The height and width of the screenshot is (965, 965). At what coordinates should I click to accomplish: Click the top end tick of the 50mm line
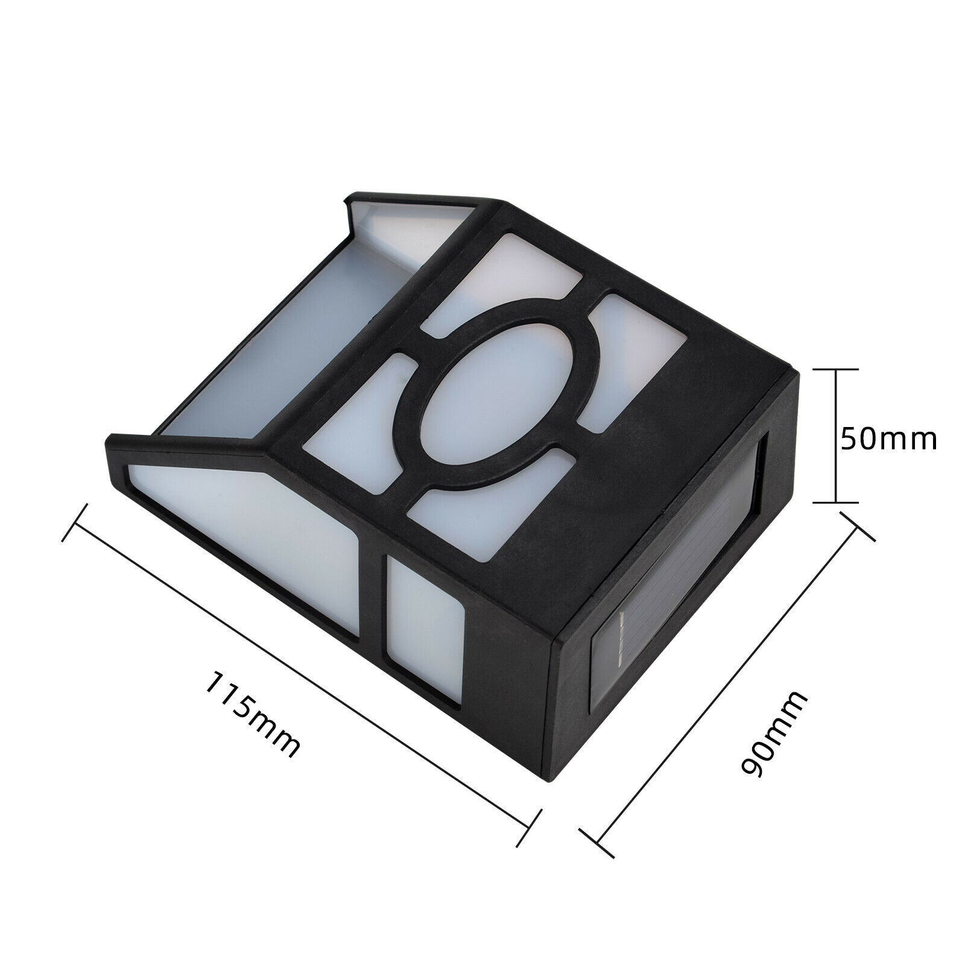click(x=836, y=369)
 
